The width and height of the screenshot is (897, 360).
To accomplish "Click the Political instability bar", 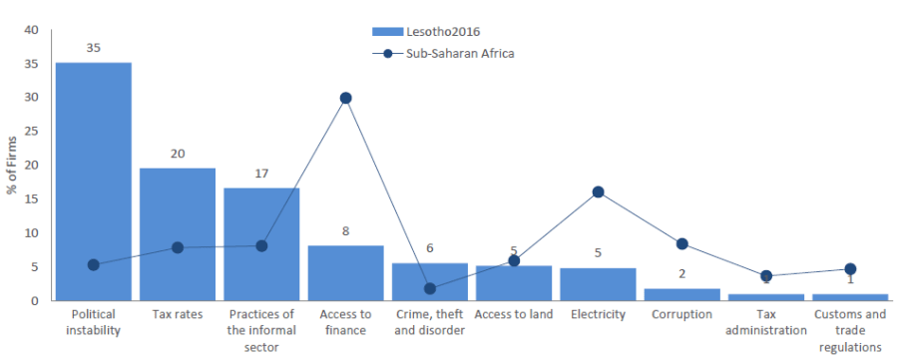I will click(93, 180).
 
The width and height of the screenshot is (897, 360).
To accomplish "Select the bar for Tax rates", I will click(177, 233).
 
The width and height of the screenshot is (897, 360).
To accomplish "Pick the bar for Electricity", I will click(598, 283).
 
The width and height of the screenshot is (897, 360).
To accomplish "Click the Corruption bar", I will click(681, 294).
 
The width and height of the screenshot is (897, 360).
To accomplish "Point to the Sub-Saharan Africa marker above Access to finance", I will click(345, 98).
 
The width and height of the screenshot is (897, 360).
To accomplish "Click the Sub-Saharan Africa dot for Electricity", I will click(598, 191).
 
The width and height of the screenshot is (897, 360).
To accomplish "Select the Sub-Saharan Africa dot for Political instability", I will click(93, 264).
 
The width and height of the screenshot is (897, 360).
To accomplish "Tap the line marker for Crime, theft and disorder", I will click(429, 288).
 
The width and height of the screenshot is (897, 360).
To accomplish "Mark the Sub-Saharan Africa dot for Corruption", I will click(681, 243).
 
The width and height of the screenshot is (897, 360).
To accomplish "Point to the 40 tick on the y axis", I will click(30, 30).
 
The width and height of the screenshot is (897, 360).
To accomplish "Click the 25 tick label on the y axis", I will click(30, 132).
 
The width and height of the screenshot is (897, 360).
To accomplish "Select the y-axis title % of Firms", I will click(12, 164).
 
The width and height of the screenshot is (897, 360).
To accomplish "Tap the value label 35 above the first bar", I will click(93, 48).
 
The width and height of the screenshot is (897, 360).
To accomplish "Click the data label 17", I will click(260, 174).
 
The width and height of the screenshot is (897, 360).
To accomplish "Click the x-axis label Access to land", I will click(513, 315).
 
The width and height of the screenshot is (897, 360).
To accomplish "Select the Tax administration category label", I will click(765, 322).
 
